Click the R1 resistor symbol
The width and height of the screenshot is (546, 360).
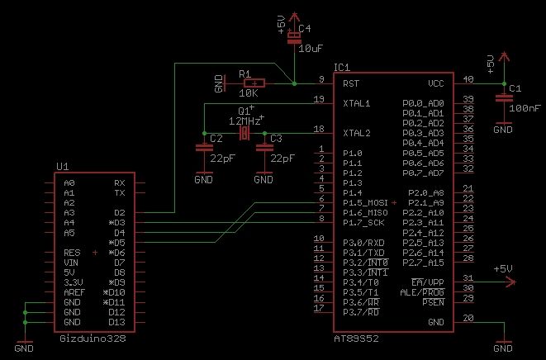pos(254,83)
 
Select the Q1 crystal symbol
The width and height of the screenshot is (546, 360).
pos(245,133)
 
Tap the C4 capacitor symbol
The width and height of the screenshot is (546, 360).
pos(294,38)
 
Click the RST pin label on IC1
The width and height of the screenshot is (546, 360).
pos(351,83)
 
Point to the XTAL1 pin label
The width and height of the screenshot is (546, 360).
pos(357,103)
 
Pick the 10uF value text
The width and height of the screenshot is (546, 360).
pos(311,49)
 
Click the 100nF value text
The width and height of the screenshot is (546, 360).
pos(525,108)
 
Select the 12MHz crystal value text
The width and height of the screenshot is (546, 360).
pos(245,121)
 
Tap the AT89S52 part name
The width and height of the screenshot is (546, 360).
pos(356,339)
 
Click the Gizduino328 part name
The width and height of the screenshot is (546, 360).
pos(93,339)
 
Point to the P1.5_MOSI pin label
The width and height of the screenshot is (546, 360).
pos(365,202)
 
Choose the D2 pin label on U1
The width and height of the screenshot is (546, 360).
pos(120,213)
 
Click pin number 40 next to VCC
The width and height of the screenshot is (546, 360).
pos(468,79)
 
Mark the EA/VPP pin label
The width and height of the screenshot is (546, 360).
pos(428,282)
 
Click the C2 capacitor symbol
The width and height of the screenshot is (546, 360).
pos(204,148)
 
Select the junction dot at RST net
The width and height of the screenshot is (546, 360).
pos(294,83)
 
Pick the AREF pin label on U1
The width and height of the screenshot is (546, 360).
pos(74,292)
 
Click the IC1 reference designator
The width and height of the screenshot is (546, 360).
pos(342,68)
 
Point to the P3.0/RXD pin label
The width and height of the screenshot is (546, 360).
pos(363,243)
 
